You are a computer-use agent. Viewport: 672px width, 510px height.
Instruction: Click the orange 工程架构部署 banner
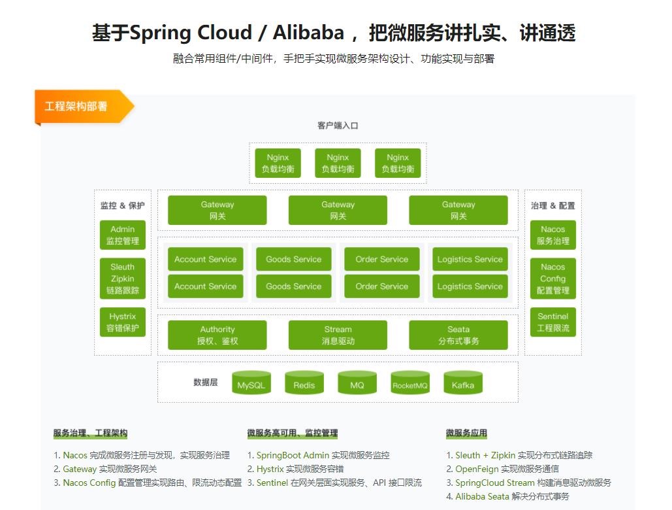pos(77,106)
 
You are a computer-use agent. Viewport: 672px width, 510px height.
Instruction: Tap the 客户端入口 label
pos(338,126)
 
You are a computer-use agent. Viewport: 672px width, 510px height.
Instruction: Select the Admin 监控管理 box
pos(123,235)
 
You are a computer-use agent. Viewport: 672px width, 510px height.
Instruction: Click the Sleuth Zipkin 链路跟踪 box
pos(123,279)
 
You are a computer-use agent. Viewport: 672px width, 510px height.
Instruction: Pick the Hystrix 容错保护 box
pos(123,322)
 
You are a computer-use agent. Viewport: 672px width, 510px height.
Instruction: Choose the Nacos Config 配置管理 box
pos(552,279)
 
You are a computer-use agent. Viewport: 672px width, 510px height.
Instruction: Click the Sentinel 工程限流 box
pos(552,322)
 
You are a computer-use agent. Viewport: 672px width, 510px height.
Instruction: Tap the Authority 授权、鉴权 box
pos(217,335)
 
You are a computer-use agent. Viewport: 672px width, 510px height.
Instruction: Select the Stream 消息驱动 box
pos(338,335)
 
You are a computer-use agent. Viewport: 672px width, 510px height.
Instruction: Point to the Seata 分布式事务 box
pos(458,335)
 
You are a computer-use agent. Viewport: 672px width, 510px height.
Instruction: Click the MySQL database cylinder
pos(251,384)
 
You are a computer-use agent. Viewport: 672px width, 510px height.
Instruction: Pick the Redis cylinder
pos(304,384)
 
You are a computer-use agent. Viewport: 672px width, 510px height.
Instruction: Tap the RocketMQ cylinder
pos(410,384)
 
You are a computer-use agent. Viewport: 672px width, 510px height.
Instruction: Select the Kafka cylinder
pos(463,384)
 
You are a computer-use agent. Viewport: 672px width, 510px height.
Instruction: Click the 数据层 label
pos(206,382)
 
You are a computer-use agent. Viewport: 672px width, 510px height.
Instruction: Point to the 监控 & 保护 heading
pos(123,205)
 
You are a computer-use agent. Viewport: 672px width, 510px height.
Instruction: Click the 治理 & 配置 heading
pos(552,205)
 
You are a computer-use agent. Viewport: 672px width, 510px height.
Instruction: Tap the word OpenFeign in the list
pos(478,469)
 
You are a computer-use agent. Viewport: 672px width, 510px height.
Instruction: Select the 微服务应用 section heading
pos(466,433)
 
